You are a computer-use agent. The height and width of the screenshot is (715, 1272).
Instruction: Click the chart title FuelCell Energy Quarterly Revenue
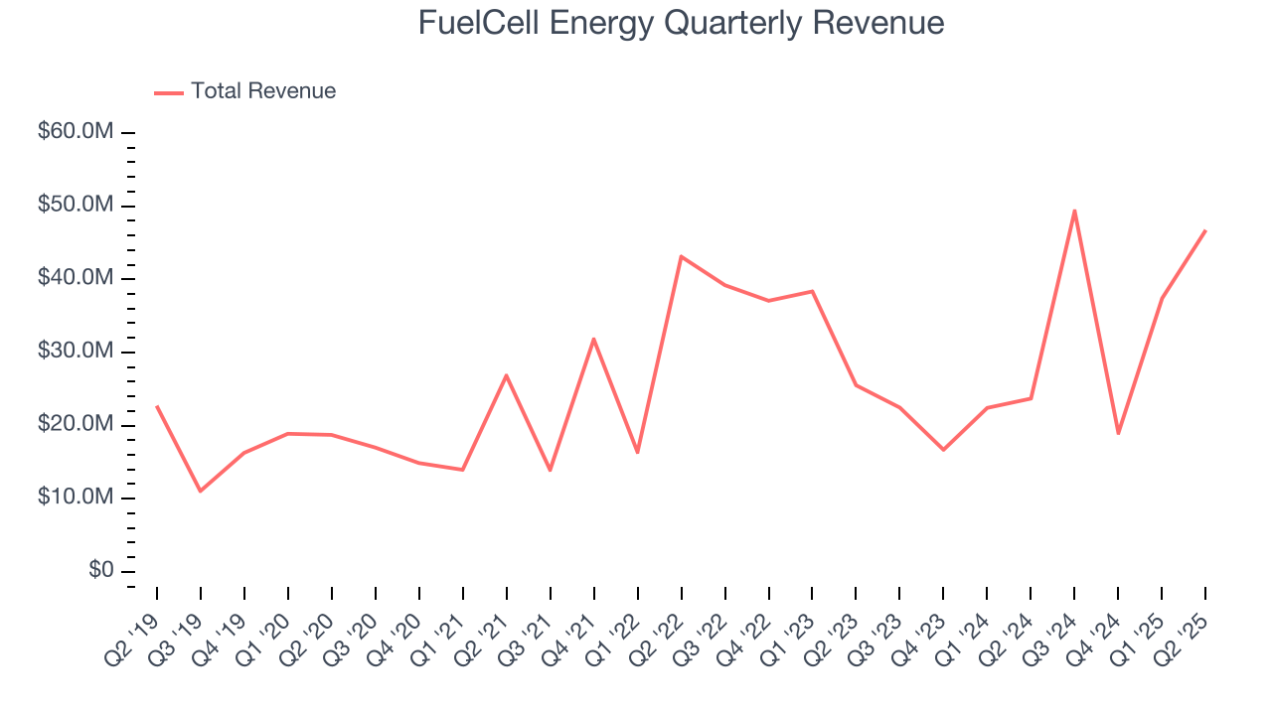coord(681,23)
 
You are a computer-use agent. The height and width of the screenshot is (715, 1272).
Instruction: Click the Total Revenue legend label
coord(263,91)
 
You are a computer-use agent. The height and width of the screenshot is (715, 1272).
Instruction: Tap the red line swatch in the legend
coord(169,92)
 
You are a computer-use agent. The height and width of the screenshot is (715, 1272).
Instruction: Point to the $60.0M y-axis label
coord(76,132)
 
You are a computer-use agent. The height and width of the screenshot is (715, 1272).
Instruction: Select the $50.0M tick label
coord(76,206)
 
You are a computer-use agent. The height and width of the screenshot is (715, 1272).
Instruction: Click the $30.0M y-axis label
coord(76,352)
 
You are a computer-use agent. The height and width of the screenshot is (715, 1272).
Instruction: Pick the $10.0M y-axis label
coord(76,498)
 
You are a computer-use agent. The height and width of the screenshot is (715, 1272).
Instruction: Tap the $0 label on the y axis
coord(100,571)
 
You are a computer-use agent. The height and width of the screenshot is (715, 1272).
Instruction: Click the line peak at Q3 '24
coord(1074,211)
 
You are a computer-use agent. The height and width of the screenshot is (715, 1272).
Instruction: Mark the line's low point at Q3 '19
coord(201,491)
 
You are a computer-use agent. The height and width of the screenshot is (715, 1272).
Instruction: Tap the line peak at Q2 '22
coord(681,256)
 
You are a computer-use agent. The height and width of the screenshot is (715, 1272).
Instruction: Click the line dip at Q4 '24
coord(1118,433)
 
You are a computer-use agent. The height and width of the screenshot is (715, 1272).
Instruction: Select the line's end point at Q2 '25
coord(1205,230)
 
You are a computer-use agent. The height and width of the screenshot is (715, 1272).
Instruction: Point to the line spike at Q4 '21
coord(593,339)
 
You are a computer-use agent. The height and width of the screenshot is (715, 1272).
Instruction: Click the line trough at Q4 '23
coord(943,450)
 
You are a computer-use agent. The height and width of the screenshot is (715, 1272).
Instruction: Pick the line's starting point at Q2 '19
coord(157,406)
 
